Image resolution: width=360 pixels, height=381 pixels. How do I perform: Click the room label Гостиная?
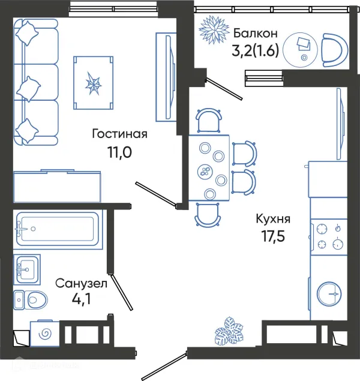[x=119, y=134]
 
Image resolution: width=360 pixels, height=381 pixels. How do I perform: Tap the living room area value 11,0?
[x=119, y=152]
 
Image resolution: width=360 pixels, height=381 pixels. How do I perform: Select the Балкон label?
[x=256, y=33]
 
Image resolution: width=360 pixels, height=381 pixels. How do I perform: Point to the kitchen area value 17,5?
[x=273, y=236]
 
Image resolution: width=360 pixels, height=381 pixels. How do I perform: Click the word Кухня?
[x=273, y=218]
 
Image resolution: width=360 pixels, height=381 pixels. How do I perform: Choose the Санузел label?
[x=81, y=283]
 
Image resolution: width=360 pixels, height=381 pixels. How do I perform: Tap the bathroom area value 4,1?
[x=81, y=299]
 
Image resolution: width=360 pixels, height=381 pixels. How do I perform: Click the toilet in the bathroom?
[x=31, y=300]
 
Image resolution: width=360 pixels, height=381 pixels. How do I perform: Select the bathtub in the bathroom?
[x=58, y=229]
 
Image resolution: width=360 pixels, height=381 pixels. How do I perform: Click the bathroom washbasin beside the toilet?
[x=27, y=269]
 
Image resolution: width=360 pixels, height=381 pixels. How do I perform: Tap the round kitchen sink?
[x=329, y=294]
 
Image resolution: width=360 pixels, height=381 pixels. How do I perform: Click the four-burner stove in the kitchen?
[x=329, y=236]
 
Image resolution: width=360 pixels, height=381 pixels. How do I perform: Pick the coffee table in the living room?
[x=93, y=83]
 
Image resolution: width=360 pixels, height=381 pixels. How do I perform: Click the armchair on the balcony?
[x=334, y=50]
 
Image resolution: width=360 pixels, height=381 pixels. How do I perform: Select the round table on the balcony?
[x=300, y=50]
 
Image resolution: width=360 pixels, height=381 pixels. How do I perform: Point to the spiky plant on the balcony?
[x=214, y=30]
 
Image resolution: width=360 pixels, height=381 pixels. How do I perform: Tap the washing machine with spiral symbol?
[x=45, y=334]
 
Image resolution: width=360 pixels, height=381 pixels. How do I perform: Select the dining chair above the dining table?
[x=209, y=120]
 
